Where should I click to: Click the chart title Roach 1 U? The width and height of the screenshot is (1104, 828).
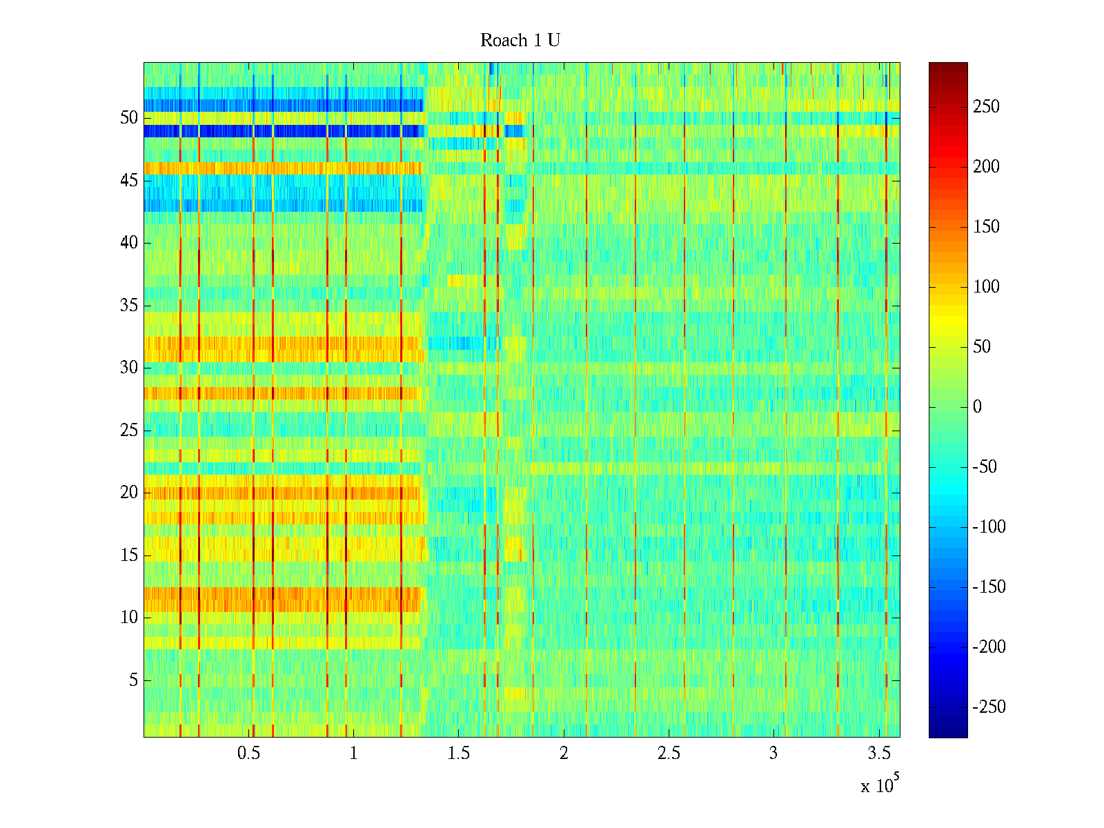point(520,41)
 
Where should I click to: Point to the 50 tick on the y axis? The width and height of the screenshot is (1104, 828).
point(129,118)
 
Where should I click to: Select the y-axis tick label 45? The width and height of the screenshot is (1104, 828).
point(129,181)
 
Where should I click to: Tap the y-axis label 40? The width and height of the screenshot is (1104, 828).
point(129,243)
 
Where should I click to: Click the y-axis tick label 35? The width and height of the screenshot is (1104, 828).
point(129,306)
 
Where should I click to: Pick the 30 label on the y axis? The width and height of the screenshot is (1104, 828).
point(129,368)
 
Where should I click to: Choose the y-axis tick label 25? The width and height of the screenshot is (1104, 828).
point(129,431)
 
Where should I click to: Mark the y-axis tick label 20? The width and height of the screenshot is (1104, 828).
point(129,493)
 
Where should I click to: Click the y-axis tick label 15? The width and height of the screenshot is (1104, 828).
point(129,555)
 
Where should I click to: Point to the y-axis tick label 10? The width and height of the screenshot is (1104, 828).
point(129,618)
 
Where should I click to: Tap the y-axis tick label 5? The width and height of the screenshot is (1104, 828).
point(133,680)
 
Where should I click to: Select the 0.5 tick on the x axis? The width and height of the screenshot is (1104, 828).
point(248,753)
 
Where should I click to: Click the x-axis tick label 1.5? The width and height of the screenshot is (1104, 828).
point(459,753)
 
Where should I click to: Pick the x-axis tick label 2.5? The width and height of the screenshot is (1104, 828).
point(669,753)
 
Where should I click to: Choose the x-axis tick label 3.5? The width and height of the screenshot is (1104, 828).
point(879,753)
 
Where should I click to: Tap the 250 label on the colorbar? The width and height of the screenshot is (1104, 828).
point(986,107)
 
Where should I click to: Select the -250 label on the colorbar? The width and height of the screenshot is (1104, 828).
point(989,707)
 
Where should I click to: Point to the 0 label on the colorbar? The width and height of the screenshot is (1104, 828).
point(977,407)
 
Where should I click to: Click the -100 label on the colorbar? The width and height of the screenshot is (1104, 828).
point(989,527)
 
